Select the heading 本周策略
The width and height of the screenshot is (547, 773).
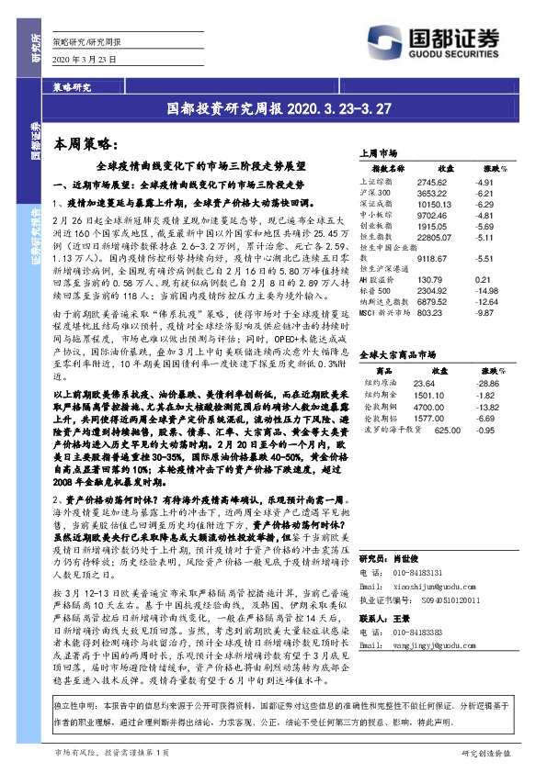85,144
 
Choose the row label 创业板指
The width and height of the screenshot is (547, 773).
380,226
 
